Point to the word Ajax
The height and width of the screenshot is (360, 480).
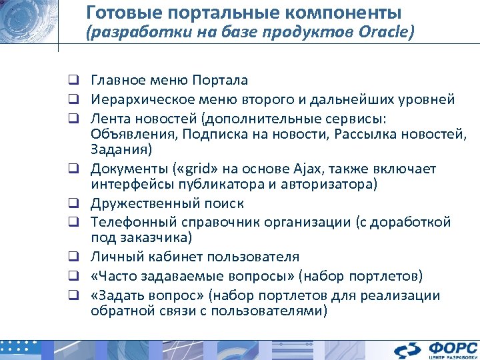[x=288, y=167]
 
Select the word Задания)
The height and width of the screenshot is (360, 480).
[x=121, y=148]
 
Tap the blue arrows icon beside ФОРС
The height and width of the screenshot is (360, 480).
[x=407, y=349]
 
